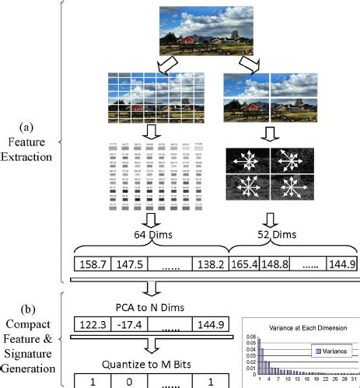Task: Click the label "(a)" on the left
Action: click(26, 128)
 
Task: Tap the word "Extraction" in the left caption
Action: click(26, 156)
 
